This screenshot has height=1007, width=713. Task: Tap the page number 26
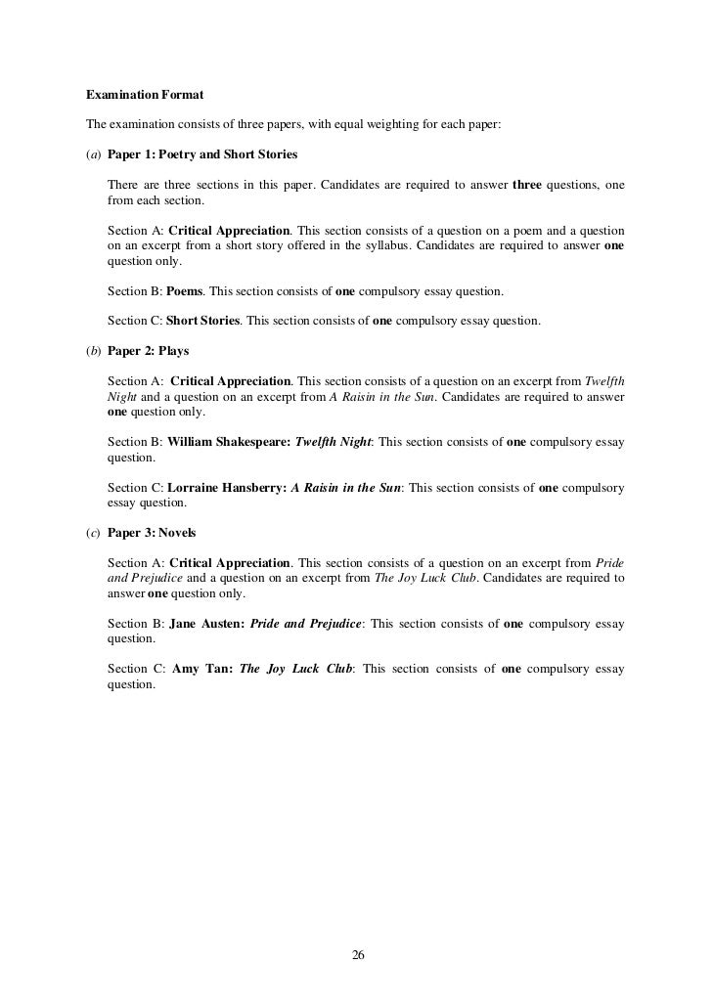pos(357,955)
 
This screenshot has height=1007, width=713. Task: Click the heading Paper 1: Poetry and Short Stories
pos(202,155)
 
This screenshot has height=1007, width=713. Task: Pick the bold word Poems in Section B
pos(184,291)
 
